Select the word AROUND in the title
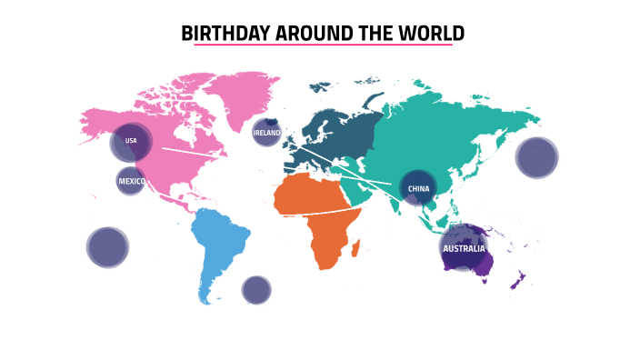point(301,34)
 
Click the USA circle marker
point(131,142)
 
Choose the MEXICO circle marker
point(131,181)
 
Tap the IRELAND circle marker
point(266,133)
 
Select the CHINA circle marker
point(418,188)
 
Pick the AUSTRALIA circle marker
point(464,247)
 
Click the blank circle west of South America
point(107,247)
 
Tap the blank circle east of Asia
point(536,157)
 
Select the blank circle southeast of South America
point(256,290)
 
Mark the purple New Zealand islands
point(517,281)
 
